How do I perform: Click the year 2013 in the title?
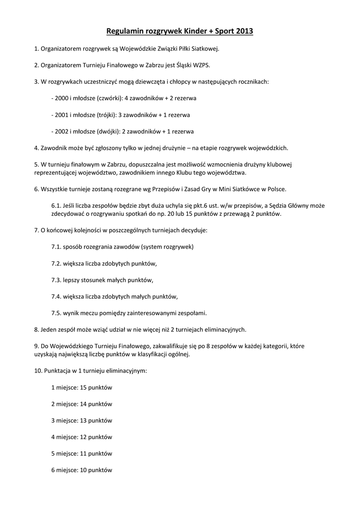point(244,32)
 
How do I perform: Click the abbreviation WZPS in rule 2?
point(193,64)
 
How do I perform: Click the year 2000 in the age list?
point(61,98)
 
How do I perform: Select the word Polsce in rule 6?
point(276,189)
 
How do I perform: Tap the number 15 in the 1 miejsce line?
point(83,387)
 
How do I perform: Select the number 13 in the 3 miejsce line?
point(83,421)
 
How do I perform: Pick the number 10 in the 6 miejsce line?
point(83,470)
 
